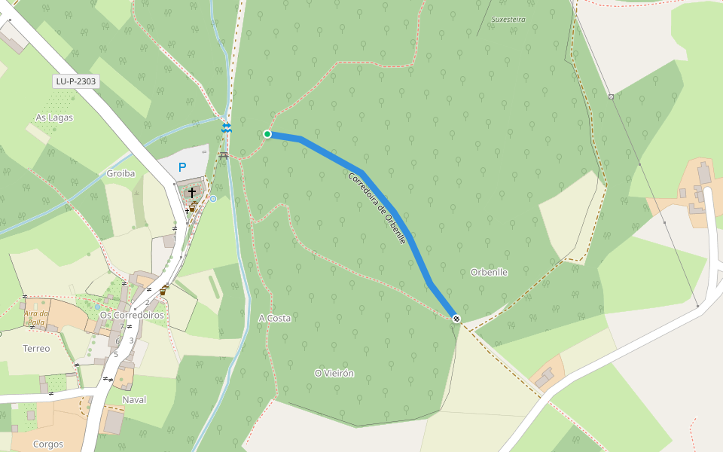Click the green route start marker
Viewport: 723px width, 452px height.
267,134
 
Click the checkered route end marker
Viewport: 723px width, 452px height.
456,318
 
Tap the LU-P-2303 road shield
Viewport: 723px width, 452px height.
76,81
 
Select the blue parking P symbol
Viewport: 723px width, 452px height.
182,167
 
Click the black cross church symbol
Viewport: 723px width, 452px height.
192,192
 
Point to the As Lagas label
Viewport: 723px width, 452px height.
54,118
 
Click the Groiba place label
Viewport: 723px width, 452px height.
120,173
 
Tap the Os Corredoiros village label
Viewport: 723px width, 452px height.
132,315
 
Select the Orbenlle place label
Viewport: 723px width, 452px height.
489,272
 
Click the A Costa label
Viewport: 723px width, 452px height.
274,319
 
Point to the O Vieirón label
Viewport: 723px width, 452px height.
334,374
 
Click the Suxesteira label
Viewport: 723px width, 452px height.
508,20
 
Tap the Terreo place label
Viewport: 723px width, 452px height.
36,349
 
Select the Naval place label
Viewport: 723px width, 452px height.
134,399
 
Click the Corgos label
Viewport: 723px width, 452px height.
48,444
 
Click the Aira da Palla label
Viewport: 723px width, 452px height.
36,317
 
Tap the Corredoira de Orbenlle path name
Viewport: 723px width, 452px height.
377,208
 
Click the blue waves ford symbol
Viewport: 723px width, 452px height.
227,129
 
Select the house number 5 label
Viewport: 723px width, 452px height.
116,354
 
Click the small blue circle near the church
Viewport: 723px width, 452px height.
213,199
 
